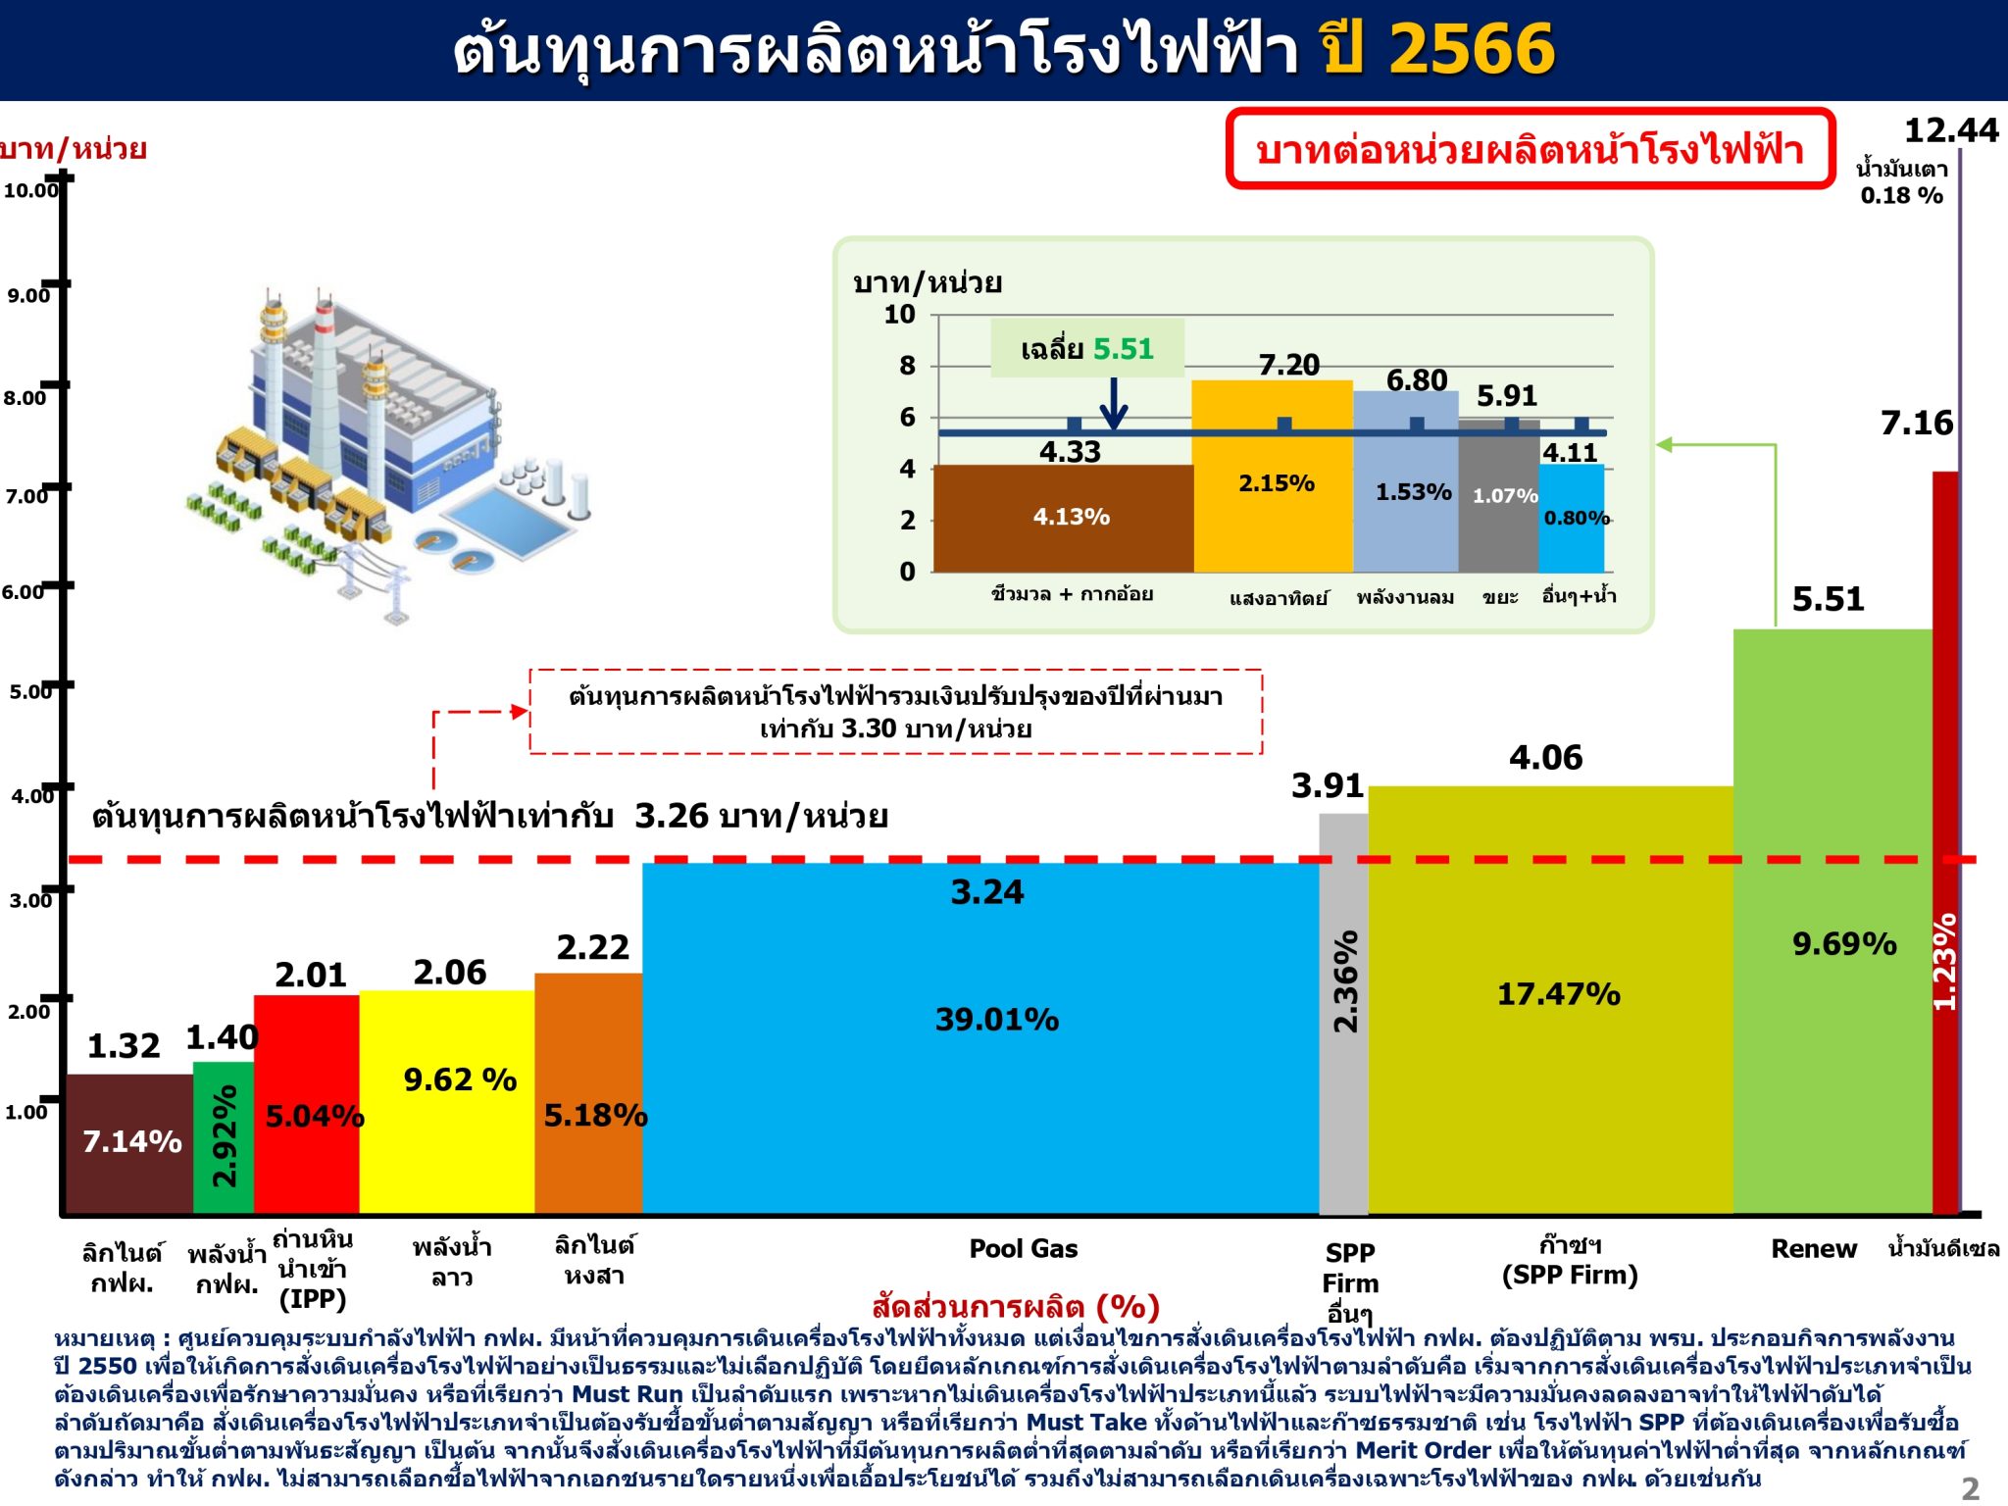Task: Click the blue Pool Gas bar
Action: coord(980,1039)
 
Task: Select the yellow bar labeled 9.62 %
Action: coord(447,1103)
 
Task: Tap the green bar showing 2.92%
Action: coord(224,1138)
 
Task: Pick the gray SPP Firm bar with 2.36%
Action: coord(1343,1015)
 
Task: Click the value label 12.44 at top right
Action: coord(1950,130)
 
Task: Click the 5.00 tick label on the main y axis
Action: coord(30,691)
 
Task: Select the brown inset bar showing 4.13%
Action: coord(1063,519)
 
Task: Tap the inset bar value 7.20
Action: coord(1288,365)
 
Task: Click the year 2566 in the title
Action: coord(1472,49)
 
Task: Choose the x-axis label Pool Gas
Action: coord(1023,1248)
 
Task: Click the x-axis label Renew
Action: coord(1813,1249)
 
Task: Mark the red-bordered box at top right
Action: coord(1530,148)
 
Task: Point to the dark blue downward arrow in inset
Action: coord(1113,403)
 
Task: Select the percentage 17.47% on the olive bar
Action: coord(1558,994)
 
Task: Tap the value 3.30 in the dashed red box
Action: coord(869,728)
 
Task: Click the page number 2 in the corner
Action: coord(1971,1488)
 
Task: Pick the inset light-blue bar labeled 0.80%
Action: coord(1572,519)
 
